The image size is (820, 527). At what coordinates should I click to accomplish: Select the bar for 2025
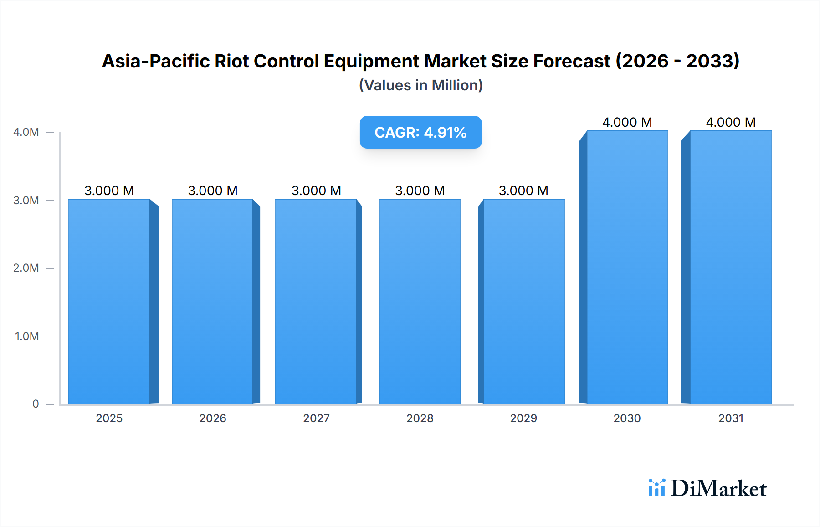[109, 301]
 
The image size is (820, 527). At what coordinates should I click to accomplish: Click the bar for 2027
[316, 301]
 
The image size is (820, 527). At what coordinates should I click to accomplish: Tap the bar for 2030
[627, 267]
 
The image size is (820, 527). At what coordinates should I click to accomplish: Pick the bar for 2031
[730, 267]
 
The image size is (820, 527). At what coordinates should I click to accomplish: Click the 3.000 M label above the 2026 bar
[213, 191]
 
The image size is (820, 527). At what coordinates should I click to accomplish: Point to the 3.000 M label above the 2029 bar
[523, 191]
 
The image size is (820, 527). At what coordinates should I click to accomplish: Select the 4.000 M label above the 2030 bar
[627, 122]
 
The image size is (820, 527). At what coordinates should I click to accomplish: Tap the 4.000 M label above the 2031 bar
[730, 122]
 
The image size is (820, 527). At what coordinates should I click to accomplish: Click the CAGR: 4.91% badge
[420, 132]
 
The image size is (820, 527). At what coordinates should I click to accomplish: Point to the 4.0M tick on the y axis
[26, 132]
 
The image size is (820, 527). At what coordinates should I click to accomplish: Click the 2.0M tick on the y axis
[26, 268]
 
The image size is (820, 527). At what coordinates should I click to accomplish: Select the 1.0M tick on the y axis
[27, 336]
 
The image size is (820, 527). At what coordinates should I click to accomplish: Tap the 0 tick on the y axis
[36, 404]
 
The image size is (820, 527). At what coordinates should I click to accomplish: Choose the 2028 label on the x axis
[420, 418]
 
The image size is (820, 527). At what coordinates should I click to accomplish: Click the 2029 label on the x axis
[523, 418]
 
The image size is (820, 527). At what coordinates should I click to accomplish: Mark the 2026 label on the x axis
[213, 418]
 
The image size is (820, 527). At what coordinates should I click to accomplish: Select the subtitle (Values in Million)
[420, 85]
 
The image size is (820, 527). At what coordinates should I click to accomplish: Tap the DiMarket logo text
[718, 489]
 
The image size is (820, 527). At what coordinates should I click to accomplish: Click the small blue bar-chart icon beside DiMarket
[656, 488]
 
